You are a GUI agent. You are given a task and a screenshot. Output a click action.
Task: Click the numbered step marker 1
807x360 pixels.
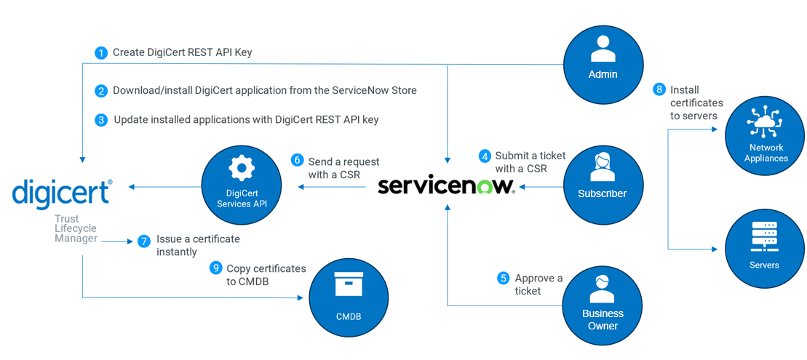pyautogui.click(x=101, y=53)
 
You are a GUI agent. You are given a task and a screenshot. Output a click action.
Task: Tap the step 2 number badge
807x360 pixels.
pyautogui.click(x=101, y=91)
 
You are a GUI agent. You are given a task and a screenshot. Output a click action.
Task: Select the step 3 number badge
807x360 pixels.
pyautogui.click(x=101, y=120)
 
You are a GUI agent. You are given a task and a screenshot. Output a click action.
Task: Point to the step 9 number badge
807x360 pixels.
pyautogui.click(x=215, y=268)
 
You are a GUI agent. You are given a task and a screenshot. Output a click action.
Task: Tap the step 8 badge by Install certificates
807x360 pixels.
pyautogui.click(x=659, y=89)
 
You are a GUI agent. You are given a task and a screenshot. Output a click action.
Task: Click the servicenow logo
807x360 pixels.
pyautogui.click(x=446, y=185)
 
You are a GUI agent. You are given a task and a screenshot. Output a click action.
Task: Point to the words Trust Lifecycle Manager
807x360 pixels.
pyautogui.click(x=76, y=228)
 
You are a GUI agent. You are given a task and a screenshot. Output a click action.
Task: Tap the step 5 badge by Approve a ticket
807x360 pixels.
pyautogui.click(x=503, y=278)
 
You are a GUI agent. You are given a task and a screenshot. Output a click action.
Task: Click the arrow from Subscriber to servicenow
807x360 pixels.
pyautogui.click(x=540, y=187)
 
